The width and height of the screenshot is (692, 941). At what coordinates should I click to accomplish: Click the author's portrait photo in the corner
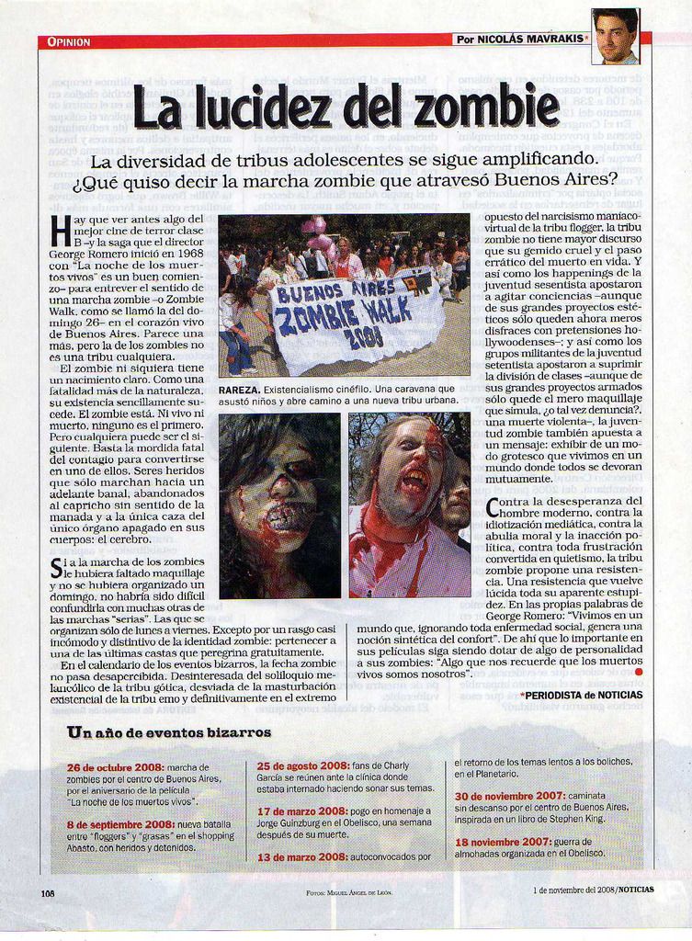(615, 37)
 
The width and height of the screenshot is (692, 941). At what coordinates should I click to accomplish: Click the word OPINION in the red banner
(68, 41)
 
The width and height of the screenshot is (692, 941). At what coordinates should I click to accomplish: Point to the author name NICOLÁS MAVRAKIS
(534, 40)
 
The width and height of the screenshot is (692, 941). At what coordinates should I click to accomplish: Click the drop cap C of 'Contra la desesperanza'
(493, 506)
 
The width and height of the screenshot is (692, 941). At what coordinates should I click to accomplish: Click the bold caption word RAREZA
(240, 390)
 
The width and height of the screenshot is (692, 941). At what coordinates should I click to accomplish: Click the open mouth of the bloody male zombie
(413, 482)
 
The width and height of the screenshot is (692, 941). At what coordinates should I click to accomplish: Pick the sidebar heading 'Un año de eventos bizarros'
(169, 732)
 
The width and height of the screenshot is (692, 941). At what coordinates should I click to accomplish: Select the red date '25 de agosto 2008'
(302, 765)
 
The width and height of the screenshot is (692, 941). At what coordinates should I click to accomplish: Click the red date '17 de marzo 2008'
(301, 811)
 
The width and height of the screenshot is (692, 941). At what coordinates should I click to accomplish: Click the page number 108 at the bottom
(49, 892)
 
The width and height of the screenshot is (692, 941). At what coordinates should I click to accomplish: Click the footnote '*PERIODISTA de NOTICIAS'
(581, 696)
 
